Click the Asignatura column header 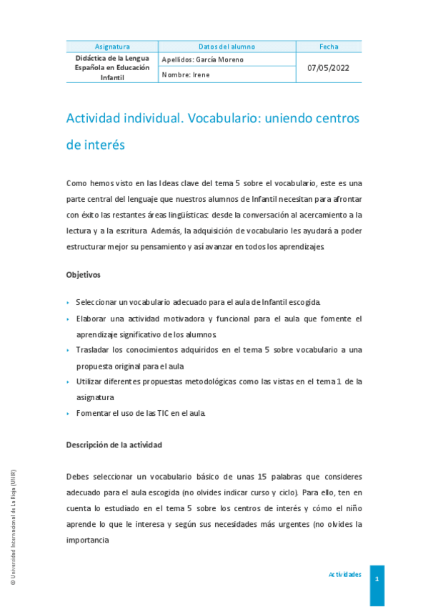point(112,47)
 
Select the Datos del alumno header point(227,47)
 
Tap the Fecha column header point(329,47)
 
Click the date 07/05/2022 point(329,68)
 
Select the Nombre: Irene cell point(186,75)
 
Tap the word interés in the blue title point(105,145)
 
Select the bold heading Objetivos point(84,274)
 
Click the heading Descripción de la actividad point(114,445)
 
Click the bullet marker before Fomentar point(68,414)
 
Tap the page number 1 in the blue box point(377,578)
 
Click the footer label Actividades point(345,575)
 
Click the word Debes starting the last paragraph point(79,477)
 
